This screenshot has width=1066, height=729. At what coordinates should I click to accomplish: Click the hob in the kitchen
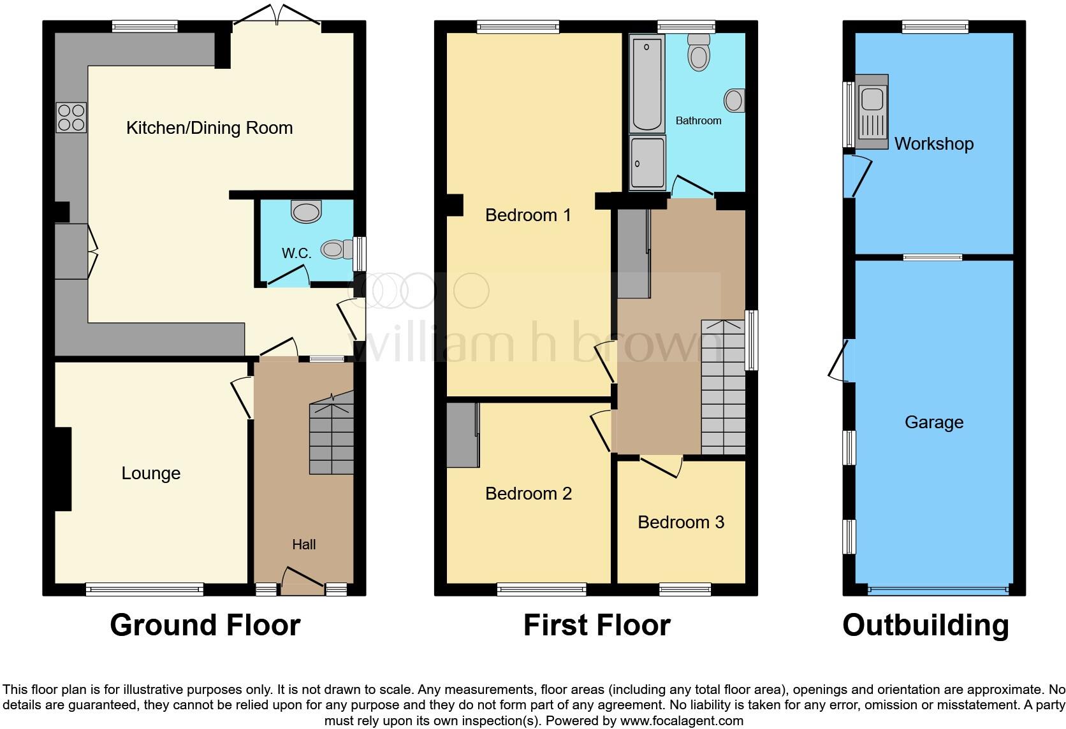pos(71,117)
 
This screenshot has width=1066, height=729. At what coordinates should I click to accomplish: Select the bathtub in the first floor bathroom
pos(647,83)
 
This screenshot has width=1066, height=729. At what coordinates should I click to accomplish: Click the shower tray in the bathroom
pos(647,163)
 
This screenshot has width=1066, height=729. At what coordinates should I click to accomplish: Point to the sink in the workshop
pos(871,112)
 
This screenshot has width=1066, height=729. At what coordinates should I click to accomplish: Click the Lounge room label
pos(151,473)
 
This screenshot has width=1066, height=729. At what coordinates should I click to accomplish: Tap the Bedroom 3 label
pos(681,523)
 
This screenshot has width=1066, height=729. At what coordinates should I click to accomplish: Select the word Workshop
pos(933,144)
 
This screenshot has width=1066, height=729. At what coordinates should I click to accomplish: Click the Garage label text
pos(933,422)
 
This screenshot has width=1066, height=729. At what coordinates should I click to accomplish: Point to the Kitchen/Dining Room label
pos(209,128)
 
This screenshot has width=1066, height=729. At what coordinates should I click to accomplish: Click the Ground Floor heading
pos(205,625)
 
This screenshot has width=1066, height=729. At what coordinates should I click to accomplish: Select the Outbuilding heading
pos(926,625)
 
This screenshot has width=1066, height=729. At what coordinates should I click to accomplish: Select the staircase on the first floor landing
pos(723,389)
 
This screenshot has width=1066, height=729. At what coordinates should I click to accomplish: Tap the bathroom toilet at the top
pos(699,52)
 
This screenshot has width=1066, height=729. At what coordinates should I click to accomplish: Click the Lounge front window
pos(145,589)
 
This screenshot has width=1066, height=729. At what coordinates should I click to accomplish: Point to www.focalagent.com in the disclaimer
pos(682,721)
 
